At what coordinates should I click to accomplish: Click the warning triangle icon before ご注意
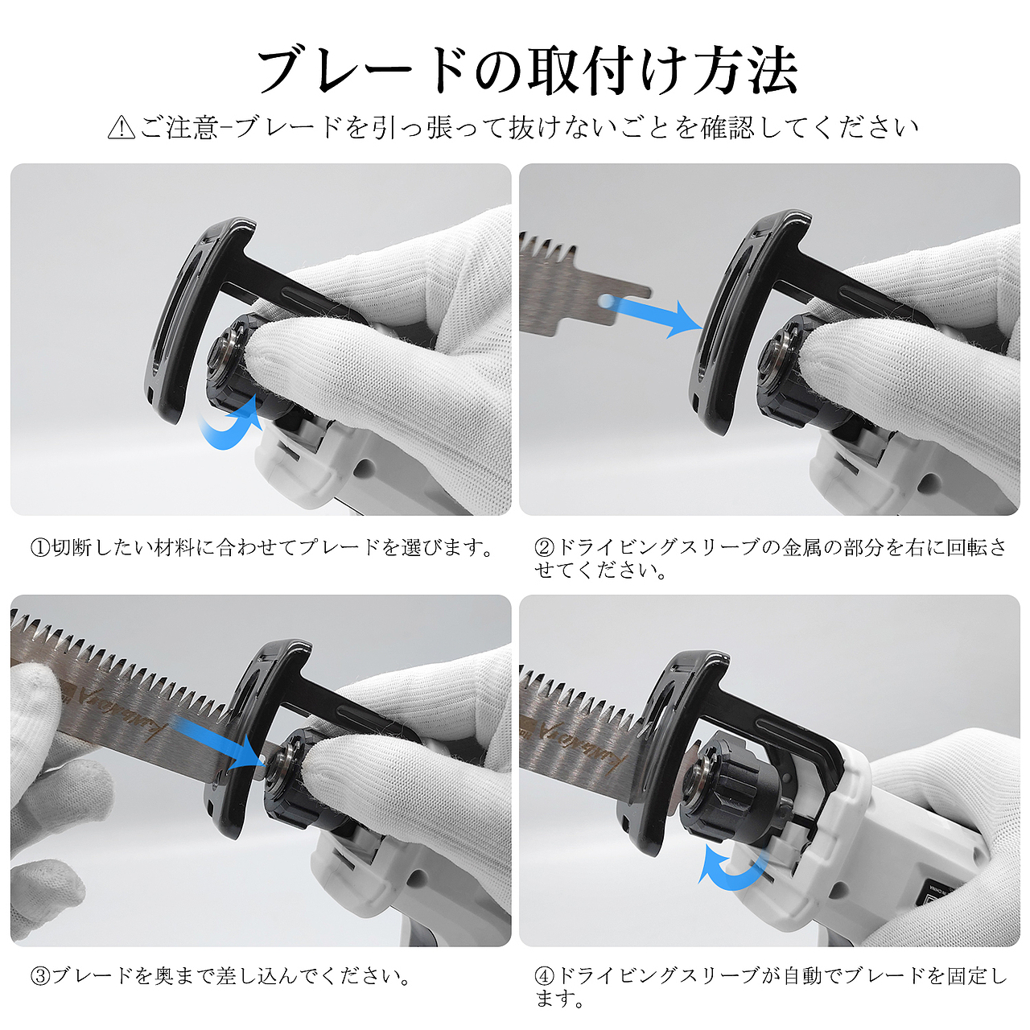coord(121,127)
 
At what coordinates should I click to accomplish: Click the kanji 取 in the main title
coord(553,71)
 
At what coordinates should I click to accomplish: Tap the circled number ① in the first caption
coord(40,548)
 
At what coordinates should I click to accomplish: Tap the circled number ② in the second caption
coord(545,548)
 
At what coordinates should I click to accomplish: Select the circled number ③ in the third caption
coord(40,977)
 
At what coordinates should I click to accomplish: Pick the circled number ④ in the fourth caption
coord(545,977)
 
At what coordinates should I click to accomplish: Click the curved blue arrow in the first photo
coord(232,426)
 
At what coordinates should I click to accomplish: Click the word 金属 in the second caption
coord(801,548)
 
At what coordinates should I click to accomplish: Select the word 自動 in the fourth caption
coord(801,976)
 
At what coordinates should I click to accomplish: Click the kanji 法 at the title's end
coord(770,71)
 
